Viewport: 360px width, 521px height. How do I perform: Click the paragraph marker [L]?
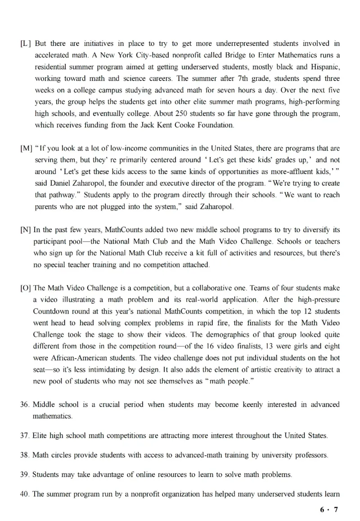click(26, 44)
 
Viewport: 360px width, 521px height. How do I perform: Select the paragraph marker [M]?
click(26, 148)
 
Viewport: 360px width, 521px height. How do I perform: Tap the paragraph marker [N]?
click(26, 230)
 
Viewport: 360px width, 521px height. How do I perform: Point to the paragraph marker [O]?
click(26, 288)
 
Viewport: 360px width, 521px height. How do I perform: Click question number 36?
click(25, 404)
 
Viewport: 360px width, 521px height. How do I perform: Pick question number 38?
click(25, 455)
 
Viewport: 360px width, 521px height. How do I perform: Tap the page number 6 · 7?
click(328, 509)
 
